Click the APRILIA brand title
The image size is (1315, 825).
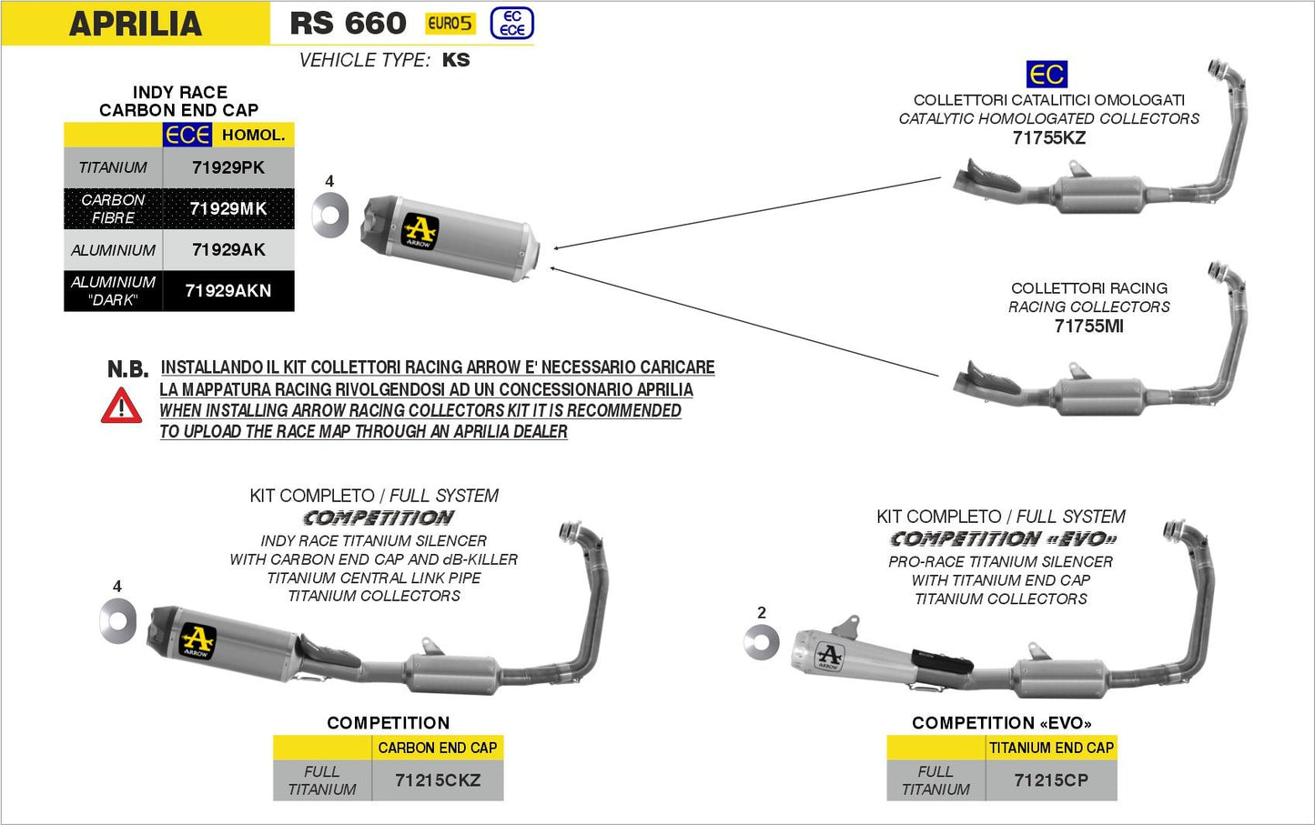click(135, 24)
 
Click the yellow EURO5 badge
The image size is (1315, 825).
click(450, 24)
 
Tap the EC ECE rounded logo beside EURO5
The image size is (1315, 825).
click(511, 24)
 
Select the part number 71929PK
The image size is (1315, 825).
click(228, 167)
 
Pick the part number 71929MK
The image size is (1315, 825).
click(228, 208)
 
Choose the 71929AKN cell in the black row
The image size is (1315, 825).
click(228, 291)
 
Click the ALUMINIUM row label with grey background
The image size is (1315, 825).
click(113, 250)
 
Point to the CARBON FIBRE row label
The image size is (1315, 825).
click(113, 208)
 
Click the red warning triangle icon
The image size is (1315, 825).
click(121, 406)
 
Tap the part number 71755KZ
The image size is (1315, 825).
click(1048, 138)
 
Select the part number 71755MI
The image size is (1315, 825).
click(1088, 327)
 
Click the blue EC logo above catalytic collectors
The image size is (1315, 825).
click(1047, 74)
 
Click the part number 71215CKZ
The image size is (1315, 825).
click(438, 780)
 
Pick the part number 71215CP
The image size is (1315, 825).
click(1051, 780)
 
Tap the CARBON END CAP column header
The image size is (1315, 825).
click(438, 748)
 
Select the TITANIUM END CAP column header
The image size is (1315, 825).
click(1051, 748)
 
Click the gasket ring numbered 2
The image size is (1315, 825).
click(761, 643)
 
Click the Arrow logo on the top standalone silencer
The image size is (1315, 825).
click(420, 231)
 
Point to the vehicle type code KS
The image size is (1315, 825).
click(456, 60)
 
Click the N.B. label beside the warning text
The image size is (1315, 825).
click(127, 369)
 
